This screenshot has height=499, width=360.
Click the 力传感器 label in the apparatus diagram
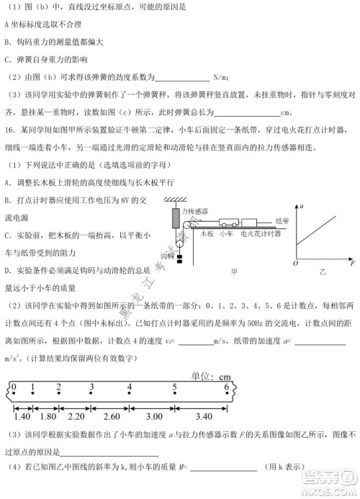pos(195,210)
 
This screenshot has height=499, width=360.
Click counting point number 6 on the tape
pos(227,387)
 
